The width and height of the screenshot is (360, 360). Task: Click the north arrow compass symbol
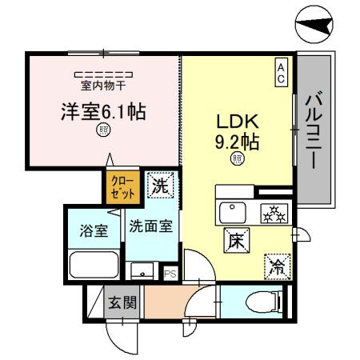[314, 24]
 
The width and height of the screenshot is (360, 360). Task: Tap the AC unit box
[282, 72]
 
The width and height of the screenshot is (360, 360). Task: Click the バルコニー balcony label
[314, 130]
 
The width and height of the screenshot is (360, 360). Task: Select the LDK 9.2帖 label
[238, 132]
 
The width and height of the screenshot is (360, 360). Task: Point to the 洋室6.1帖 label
[103, 112]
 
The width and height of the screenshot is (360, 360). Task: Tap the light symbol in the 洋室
[103, 130]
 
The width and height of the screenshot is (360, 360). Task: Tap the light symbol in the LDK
[238, 158]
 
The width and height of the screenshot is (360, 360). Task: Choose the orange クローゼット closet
[123, 187]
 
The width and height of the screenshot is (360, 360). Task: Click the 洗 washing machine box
[161, 185]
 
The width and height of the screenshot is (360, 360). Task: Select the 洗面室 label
[151, 226]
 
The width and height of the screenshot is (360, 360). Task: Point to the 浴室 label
[94, 231]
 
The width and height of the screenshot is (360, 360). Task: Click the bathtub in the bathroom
[94, 265]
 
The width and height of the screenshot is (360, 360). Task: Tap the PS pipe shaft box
[170, 274]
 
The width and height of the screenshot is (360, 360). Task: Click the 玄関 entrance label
[122, 302]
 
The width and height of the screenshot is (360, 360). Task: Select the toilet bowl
[263, 302]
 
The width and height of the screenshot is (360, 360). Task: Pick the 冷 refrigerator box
[278, 267]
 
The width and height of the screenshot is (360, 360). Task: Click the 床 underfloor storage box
[237, 241]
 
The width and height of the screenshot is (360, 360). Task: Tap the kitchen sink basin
[233, 213]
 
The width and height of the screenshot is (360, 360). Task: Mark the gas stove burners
[274, 214]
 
